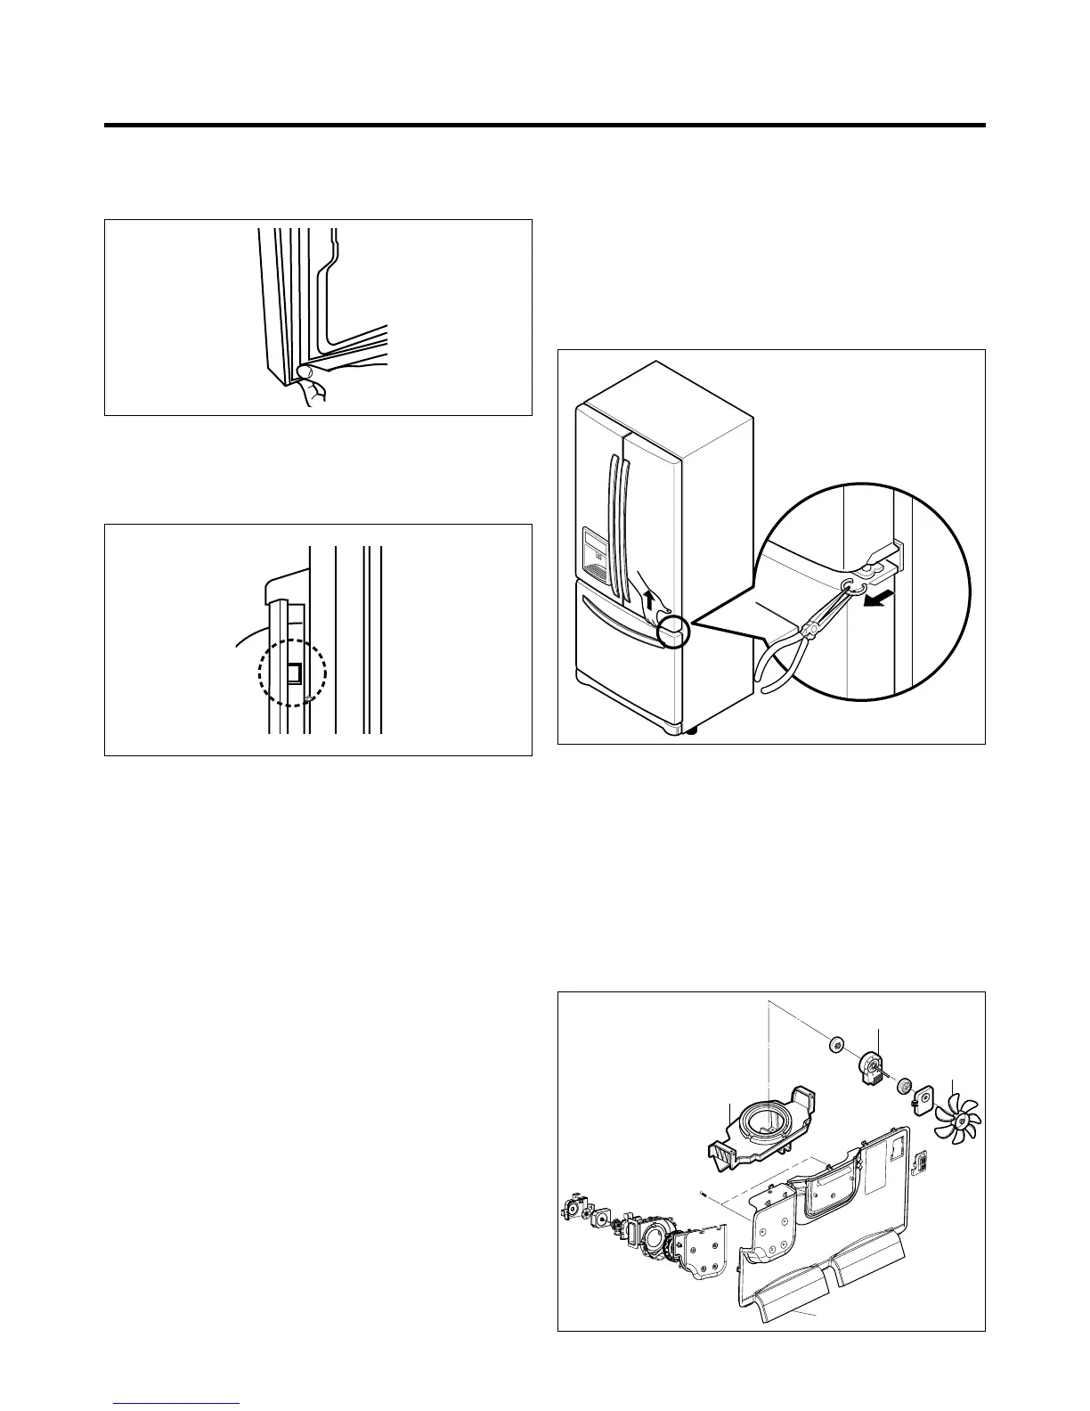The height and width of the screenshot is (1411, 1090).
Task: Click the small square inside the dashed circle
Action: [294, 675]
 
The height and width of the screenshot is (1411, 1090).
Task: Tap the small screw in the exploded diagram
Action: [704, 1195]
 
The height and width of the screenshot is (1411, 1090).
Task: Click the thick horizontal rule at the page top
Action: [544, 126]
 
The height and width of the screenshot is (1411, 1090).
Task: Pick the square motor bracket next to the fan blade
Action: [927, 1095]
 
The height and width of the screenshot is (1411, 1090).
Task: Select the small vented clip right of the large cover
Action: [924, 1161]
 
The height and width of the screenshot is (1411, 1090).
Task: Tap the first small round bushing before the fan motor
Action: [836, 1043]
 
